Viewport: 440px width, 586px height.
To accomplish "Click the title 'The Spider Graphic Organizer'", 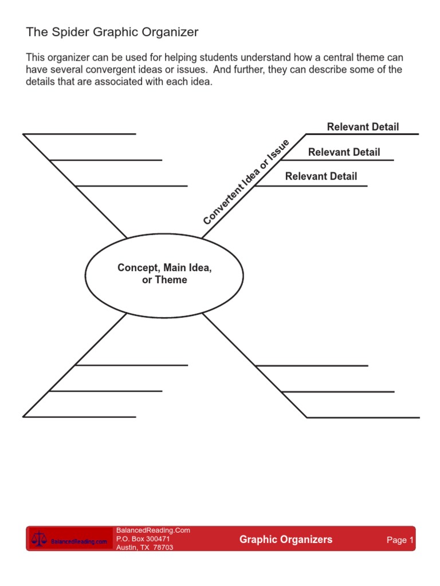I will (112, 33).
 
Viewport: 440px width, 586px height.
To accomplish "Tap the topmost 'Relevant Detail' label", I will (363, 127).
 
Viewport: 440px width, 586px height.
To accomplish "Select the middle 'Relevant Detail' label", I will (344, 152).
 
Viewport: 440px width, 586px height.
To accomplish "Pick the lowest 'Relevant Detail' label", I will (321, 176).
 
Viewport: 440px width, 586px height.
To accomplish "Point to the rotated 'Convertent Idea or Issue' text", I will (246, 182).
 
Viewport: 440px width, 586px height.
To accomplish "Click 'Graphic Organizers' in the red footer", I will (285, 540).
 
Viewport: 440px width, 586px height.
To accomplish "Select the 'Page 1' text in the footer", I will (400, 540).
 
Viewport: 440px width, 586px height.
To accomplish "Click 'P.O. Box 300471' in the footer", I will (143, 539).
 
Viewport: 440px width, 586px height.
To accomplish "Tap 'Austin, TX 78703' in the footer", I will (144, 548).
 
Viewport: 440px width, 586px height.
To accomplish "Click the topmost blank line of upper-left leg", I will (80, 134).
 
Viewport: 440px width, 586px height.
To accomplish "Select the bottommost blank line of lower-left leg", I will (80, 417).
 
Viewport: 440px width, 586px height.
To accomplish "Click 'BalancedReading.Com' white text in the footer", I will (153, 530).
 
